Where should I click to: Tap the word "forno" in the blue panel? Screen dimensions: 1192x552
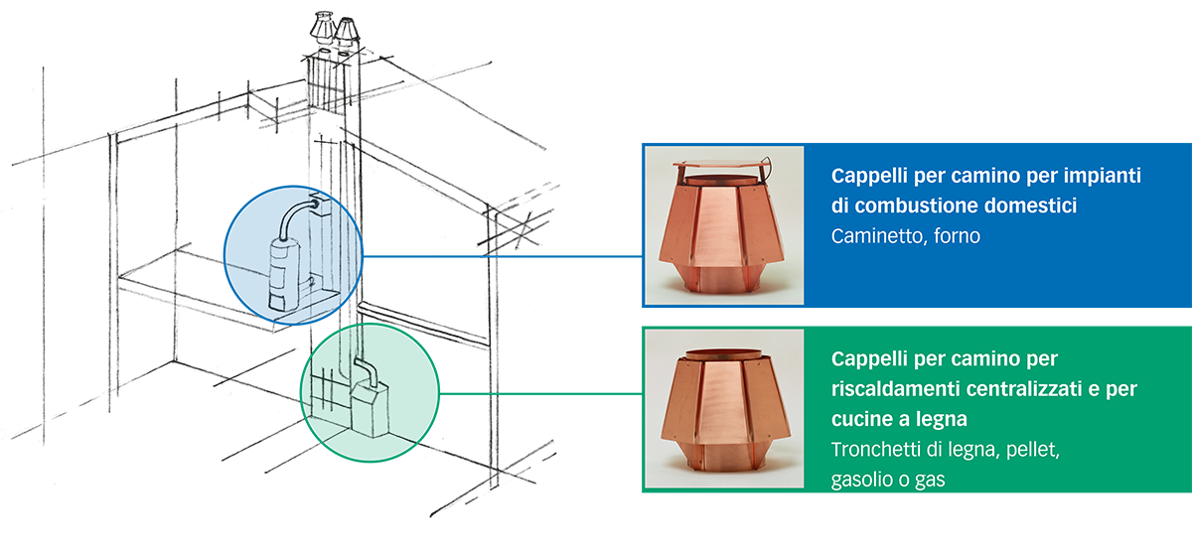point(957,236)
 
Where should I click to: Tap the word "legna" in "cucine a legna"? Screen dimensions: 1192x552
point(942,420)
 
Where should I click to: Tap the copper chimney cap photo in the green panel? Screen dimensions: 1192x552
point(724,408)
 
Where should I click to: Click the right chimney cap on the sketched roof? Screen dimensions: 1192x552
point(347,33)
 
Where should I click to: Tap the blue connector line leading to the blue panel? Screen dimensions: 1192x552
point(503,256)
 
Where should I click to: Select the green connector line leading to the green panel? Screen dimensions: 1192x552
point(540,394)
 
